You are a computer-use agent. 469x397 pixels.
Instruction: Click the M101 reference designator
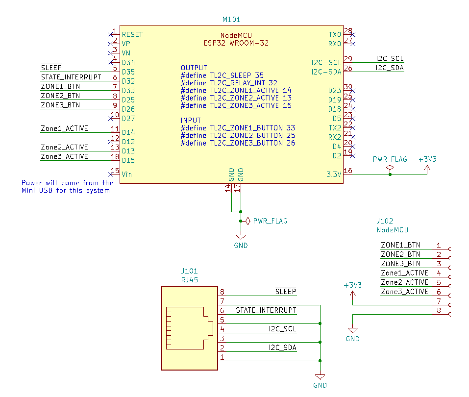coord(231,20)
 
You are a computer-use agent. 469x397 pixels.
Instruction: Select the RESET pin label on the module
coord(132,34)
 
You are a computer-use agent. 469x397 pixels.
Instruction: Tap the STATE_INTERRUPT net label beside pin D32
coord(71,77)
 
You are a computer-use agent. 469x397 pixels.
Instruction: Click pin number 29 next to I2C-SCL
coord(348,59)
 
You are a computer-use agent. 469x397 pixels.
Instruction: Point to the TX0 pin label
coord(335,34)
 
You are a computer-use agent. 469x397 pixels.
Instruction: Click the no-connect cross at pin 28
coord(353,35)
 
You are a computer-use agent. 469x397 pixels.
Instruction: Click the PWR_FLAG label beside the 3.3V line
coord(390,159)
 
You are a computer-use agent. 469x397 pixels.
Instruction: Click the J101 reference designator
coord(189,271)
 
